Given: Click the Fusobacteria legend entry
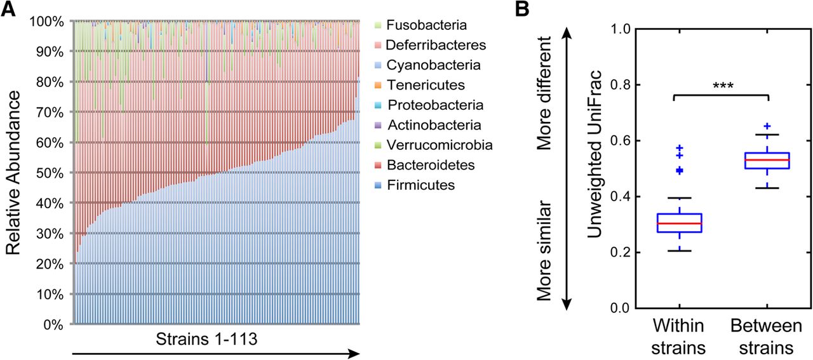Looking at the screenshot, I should click(x=427, y=26).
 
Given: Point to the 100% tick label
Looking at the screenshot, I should click(x=46, y=22).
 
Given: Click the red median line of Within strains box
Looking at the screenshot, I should click(x=674, y=223).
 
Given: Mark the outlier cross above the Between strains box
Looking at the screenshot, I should click(x=767, y=126).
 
